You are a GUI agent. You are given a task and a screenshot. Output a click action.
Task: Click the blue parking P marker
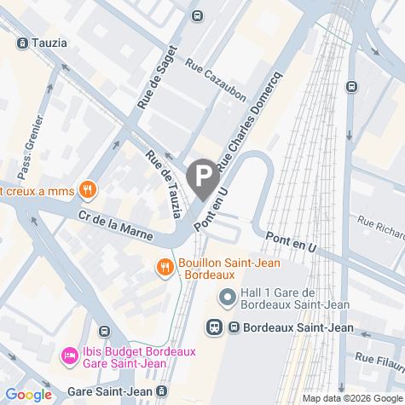(202, 177)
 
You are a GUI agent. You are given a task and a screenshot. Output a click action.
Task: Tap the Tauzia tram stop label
(43, 42)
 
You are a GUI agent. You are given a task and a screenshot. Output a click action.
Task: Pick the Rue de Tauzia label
(164, 182)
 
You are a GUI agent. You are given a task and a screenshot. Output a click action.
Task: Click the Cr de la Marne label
(115, 224)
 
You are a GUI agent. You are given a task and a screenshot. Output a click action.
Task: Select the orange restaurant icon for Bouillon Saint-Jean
(165, 268)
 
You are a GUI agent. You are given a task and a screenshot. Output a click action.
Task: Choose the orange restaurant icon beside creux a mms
(86, 189)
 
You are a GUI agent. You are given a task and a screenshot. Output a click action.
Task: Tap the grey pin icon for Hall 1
(228, 298)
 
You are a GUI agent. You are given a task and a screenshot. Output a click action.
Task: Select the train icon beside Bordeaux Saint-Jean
(214, 327)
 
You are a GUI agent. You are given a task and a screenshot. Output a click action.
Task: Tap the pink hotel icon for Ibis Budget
(67, 354)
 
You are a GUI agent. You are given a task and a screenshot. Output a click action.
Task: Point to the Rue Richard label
(381, 227)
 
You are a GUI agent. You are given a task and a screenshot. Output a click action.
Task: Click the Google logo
(27, 395)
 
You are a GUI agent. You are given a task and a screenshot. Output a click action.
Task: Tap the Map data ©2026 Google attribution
(350, 398)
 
